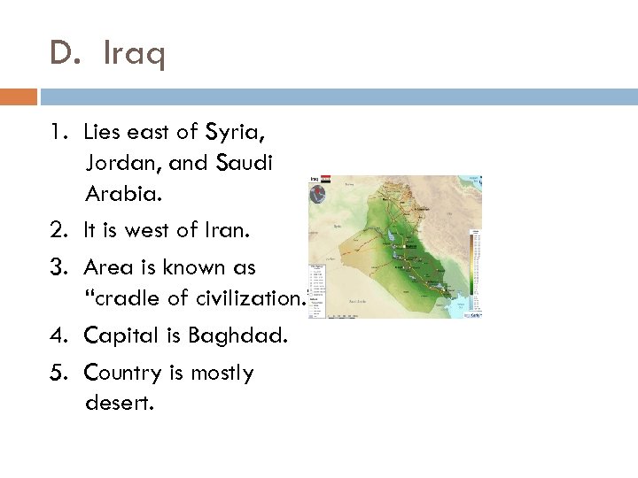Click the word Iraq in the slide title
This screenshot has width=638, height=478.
(x=134, y=57)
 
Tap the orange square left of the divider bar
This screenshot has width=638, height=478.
(x=18, y=95)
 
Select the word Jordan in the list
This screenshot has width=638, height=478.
(x=119, y=163)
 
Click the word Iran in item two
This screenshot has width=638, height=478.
(x=230, y=232)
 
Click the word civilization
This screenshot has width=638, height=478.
(x=244, y=298)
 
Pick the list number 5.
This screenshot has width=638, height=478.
(x=58, y=374)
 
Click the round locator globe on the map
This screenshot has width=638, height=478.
(x=317, y=197)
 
